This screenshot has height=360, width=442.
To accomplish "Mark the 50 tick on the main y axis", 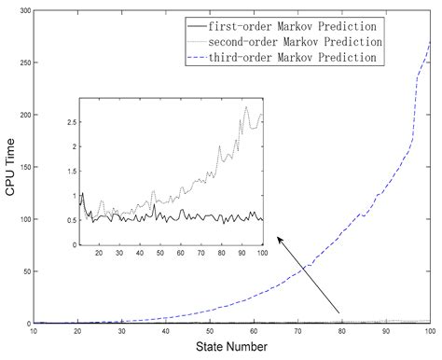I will click(23, 271).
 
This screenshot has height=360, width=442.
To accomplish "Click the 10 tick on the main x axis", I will click(35, 332).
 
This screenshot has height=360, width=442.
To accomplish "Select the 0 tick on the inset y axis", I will click(67, 244).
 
